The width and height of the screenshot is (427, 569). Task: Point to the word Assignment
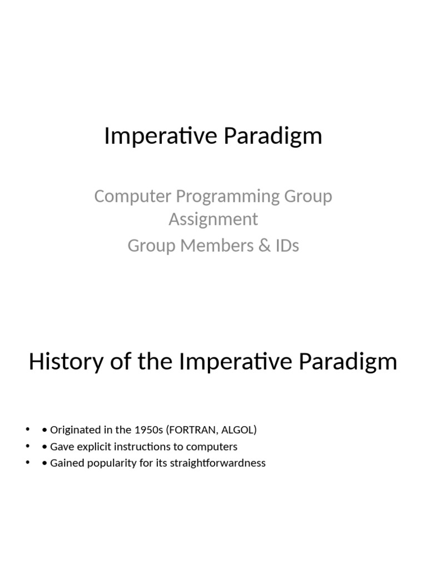(213, 219)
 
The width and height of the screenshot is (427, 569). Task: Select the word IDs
(285, 246)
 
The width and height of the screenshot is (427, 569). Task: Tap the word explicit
(95, 447)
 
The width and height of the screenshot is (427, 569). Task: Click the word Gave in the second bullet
(62, 447)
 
